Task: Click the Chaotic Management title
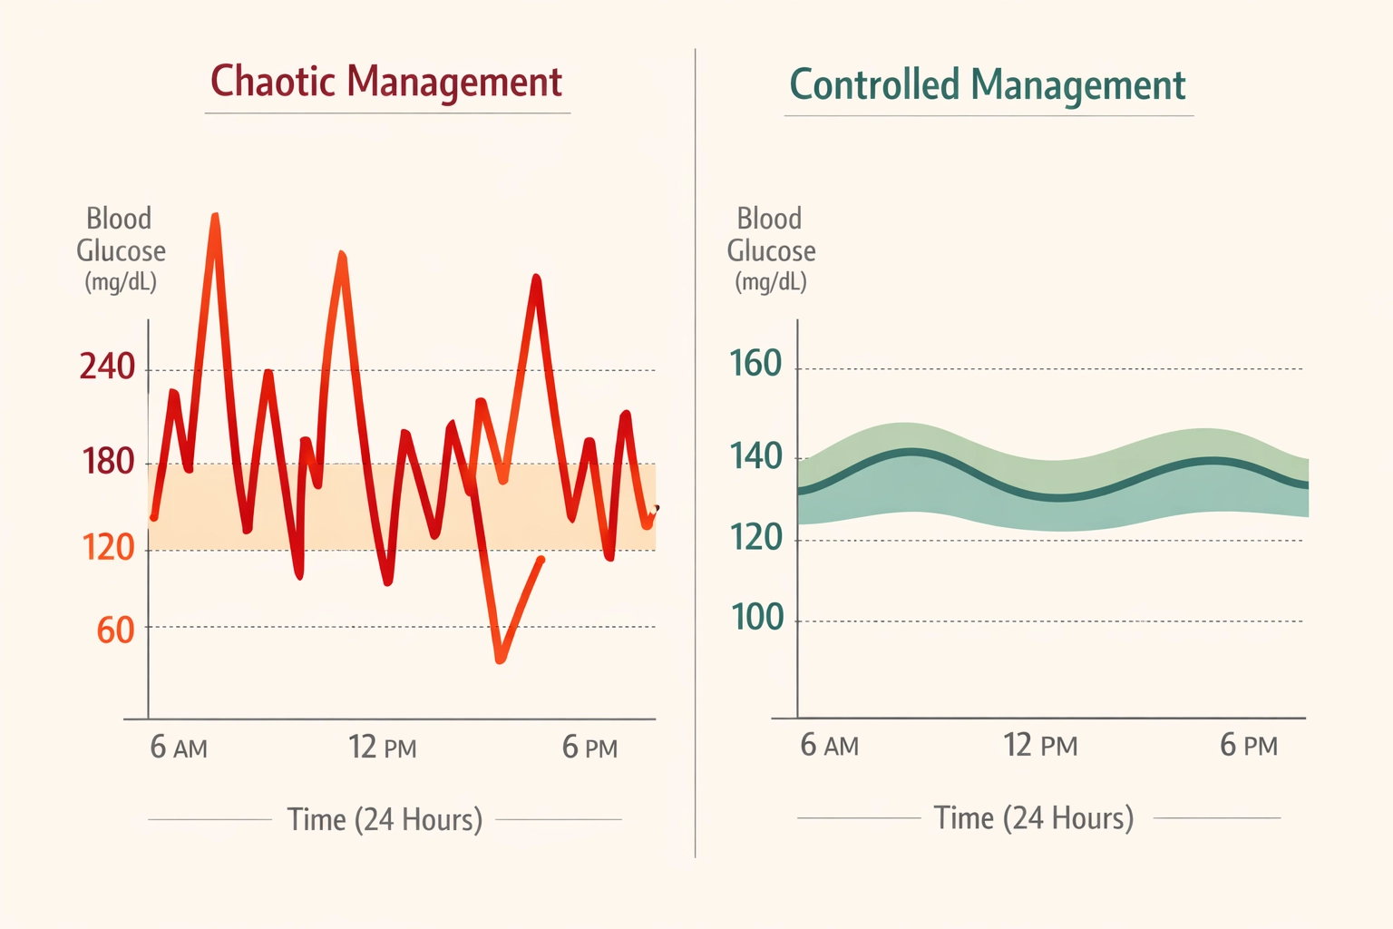386,82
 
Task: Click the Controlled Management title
987,85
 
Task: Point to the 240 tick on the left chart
107,367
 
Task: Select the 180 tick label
108,462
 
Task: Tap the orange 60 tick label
115,630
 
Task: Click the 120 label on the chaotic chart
108,547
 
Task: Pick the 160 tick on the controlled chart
755,364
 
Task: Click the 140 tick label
755,456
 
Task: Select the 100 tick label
756,618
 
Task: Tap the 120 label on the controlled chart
755,538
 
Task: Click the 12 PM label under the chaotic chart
382,748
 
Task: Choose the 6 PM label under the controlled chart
1248,746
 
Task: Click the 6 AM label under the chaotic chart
179,748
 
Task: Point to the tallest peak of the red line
215,217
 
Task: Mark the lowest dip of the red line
500,660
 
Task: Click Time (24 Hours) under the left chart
385,819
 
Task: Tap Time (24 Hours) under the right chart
1034,817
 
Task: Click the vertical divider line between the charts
696,454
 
